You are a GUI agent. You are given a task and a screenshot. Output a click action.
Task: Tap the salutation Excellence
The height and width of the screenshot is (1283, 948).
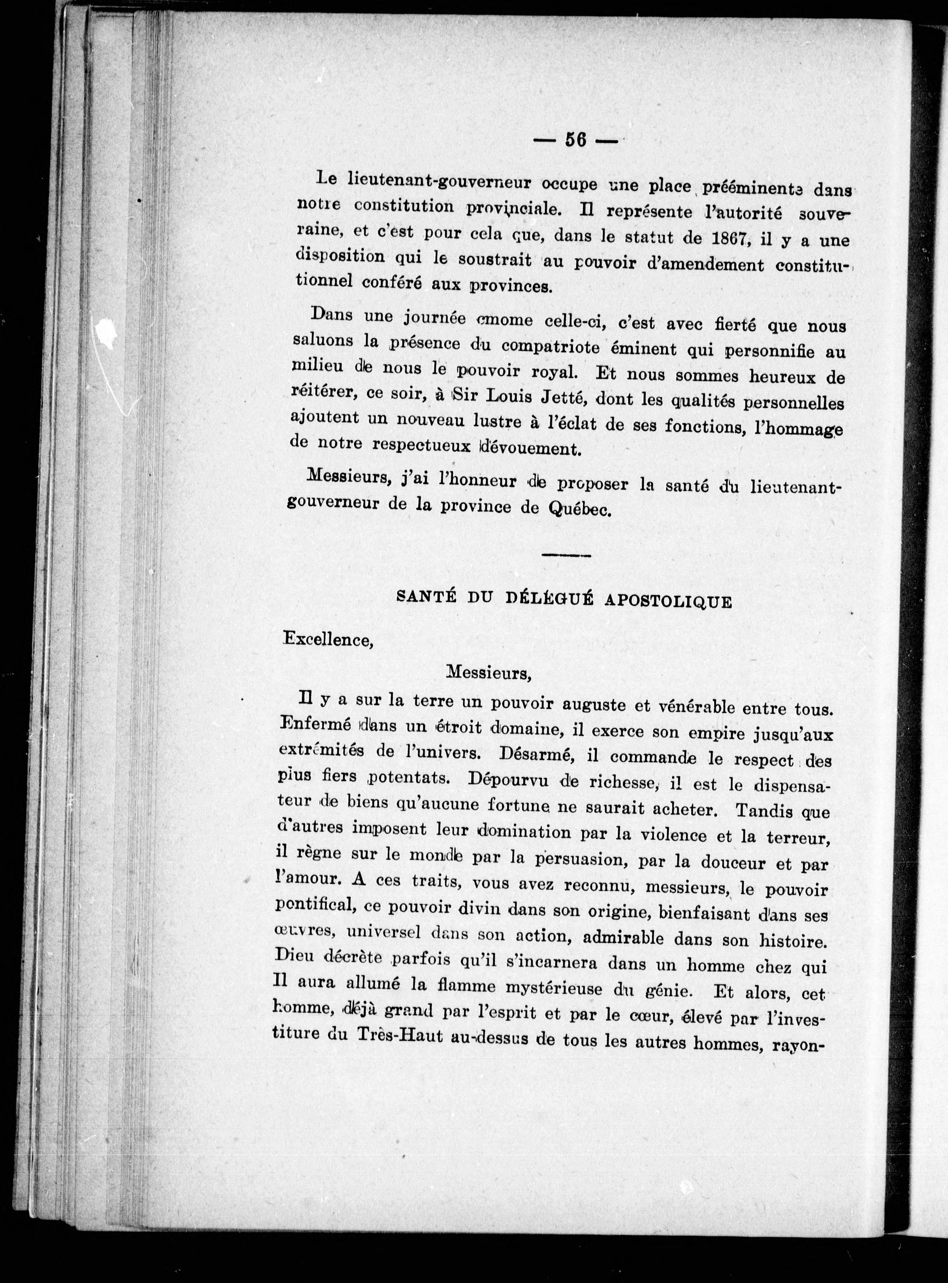(328, 640)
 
